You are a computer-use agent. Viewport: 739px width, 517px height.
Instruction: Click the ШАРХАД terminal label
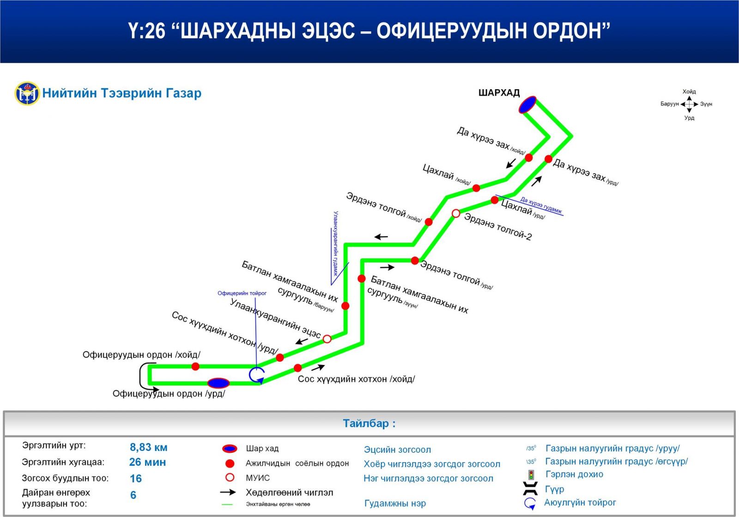[499, 93]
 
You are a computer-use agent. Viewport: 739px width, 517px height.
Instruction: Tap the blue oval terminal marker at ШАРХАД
[527, 105]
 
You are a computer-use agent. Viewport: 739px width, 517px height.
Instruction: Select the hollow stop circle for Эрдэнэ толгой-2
[456, 213]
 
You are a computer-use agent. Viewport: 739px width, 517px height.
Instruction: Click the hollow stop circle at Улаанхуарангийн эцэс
[327, 339]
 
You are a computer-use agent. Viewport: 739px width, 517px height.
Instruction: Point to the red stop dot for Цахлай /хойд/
[476, 188]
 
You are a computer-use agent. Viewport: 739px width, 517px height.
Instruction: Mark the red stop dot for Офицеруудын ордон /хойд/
[195, 366]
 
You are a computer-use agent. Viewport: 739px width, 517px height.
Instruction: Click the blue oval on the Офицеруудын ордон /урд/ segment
[218, 383]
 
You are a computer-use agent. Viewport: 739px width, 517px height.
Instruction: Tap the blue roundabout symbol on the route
[257, 374]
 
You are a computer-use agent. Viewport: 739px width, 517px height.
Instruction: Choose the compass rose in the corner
[689, 104]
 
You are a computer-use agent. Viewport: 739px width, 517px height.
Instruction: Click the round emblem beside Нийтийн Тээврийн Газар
[27, 93]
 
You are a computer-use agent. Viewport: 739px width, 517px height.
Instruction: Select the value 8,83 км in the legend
[148, 447]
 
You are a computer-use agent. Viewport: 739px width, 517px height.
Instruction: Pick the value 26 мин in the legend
[147, 462]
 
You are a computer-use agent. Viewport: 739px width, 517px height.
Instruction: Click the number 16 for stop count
[136, 479]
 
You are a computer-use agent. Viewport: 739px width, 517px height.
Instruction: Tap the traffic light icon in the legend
[531, 474]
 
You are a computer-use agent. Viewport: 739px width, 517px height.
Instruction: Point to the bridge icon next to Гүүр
[530, 488]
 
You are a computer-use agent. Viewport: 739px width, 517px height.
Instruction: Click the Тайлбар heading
[369, 423]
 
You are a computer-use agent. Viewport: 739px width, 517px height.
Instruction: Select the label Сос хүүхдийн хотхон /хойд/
[356, 379]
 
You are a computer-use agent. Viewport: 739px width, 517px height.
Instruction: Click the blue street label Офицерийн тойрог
[242, 293]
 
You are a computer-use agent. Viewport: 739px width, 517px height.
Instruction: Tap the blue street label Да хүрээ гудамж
[541, 205]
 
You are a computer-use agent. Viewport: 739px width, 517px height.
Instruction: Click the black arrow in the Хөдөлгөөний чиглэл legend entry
[228, 493]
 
